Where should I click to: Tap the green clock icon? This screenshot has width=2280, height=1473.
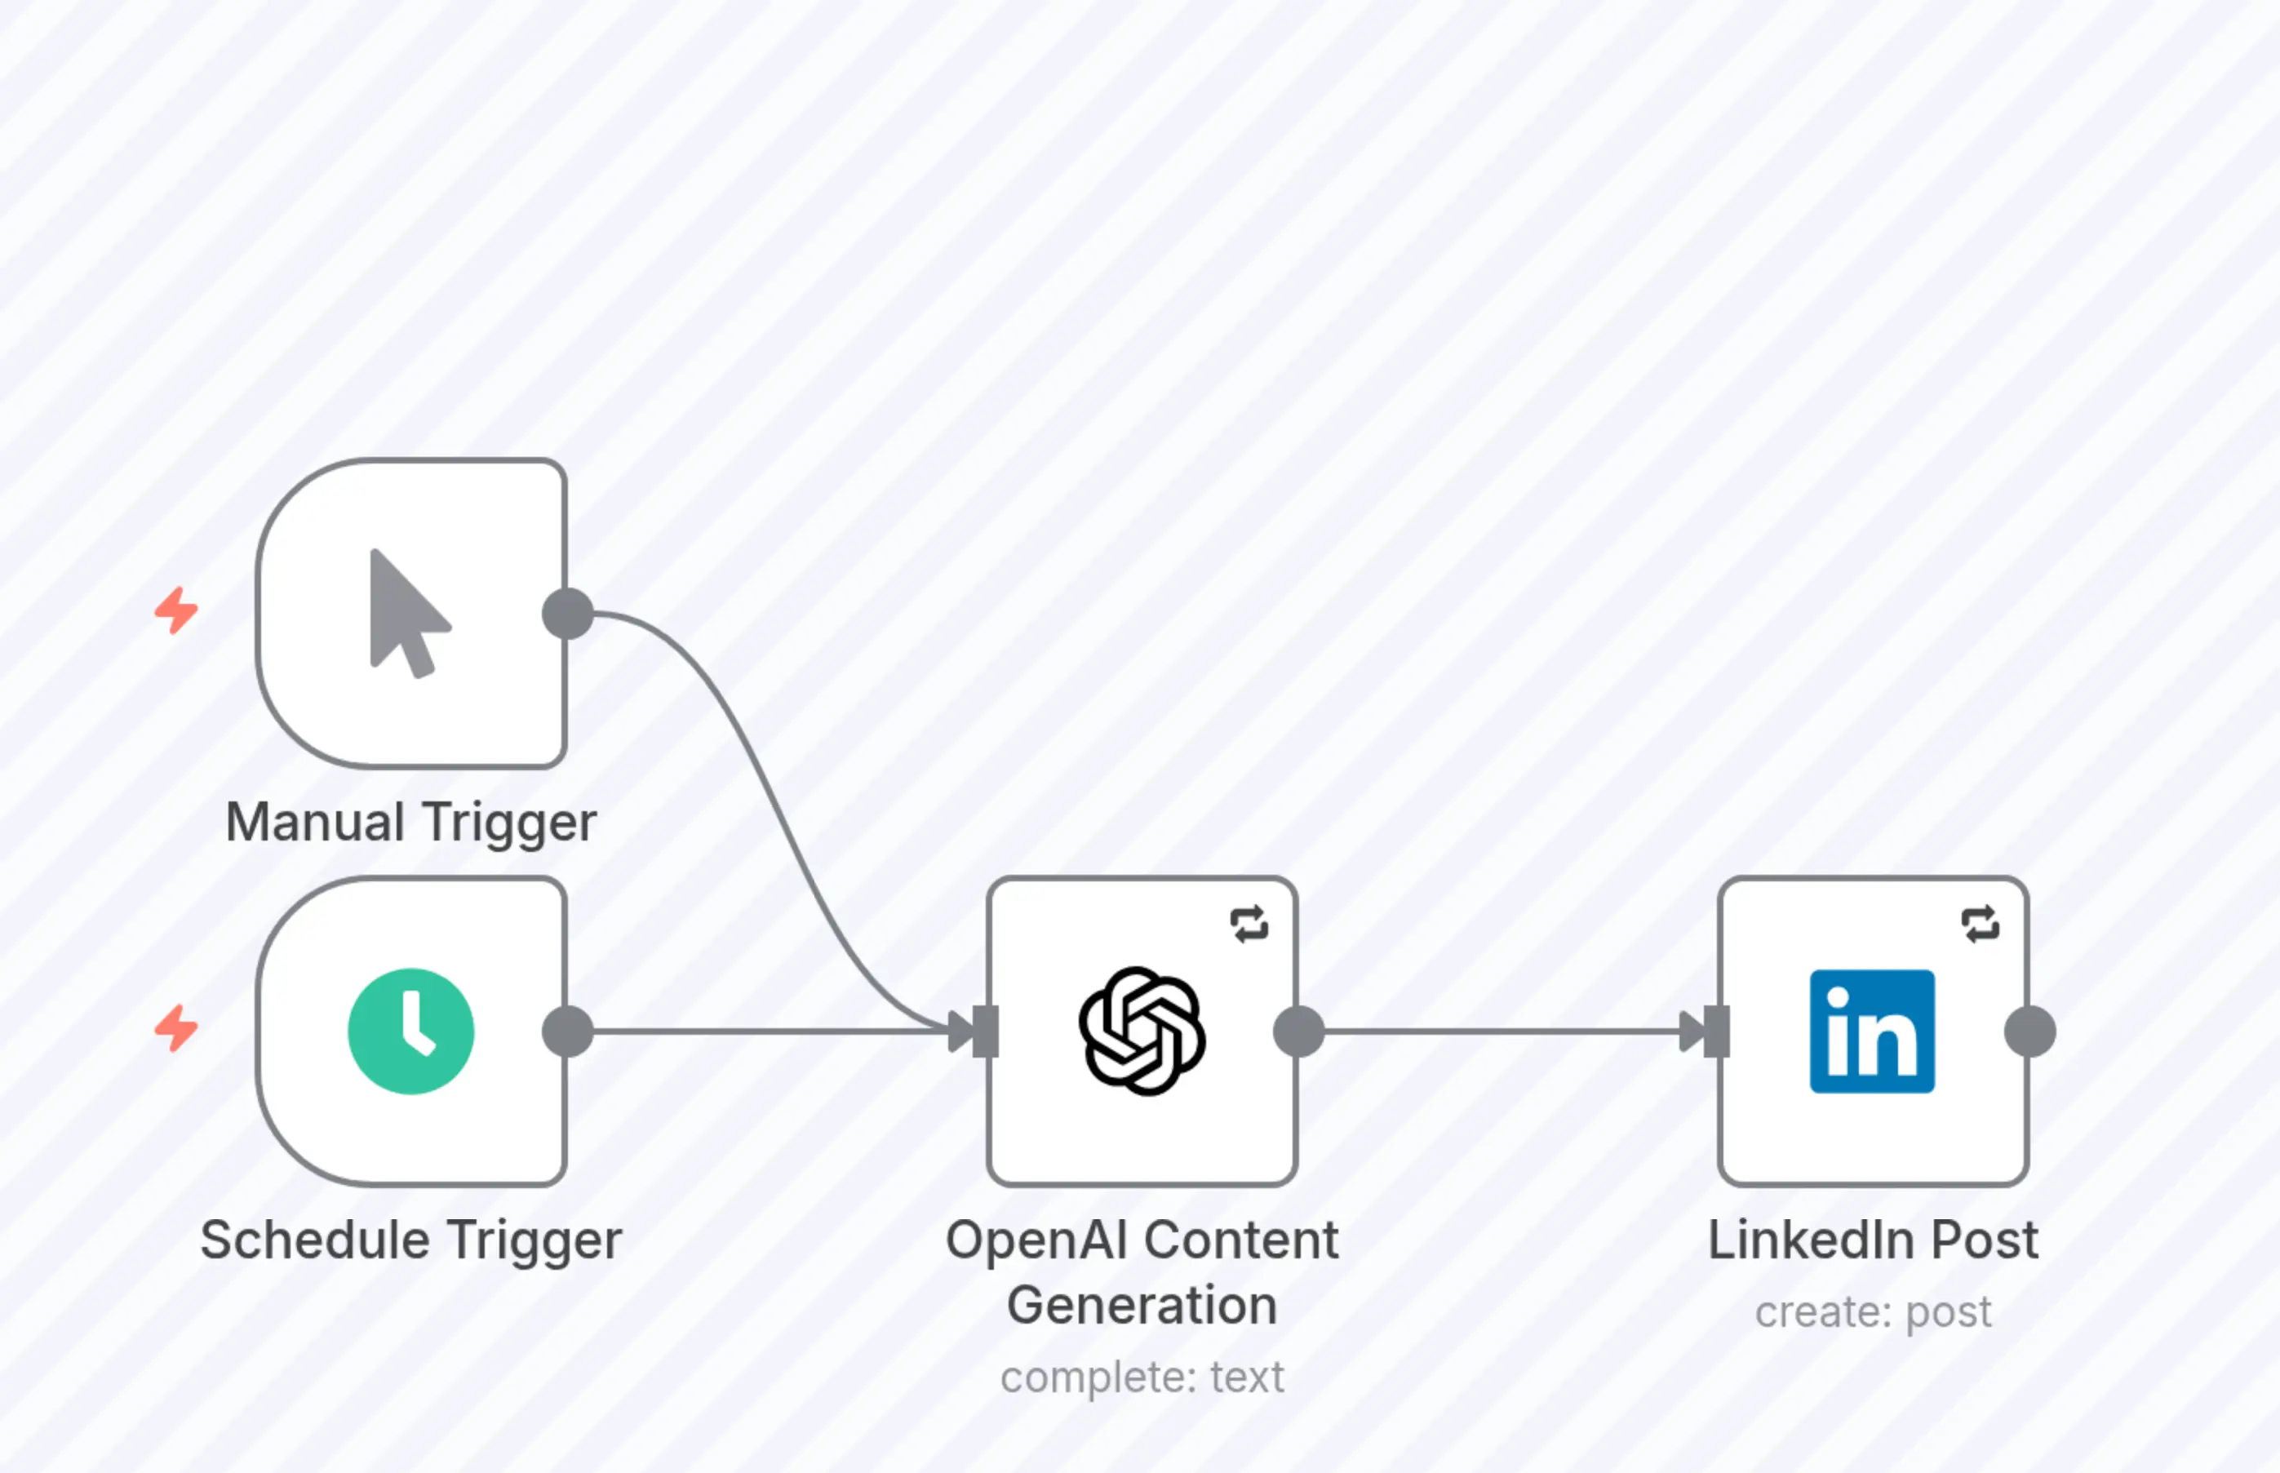click(411, 1032)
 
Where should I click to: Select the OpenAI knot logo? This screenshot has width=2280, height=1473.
click(1142, 1032)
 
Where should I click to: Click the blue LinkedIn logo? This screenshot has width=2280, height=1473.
click(1872, 1032)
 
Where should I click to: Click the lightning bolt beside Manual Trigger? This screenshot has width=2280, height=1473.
click(177, 610)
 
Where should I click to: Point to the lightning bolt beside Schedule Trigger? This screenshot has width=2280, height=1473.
click(177, 1028)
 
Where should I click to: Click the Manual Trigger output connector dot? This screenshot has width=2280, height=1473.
click(568, 614)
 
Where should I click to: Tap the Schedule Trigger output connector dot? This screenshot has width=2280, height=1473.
click(568, 1032)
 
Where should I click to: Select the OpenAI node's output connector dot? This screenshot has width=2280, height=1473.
click(1299, 1032)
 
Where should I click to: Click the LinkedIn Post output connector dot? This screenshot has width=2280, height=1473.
click(2029, 1032)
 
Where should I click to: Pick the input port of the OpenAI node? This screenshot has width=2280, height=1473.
click(986, 1032)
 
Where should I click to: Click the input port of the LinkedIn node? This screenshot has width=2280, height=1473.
click(1717, 1032)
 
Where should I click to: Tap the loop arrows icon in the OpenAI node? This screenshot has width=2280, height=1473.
click(1249, 924)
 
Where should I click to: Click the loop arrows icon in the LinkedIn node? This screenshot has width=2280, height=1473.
click(1980, 924)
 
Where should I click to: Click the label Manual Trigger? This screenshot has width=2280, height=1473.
click(411, 823)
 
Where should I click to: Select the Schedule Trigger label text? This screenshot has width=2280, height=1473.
click(411, 1240)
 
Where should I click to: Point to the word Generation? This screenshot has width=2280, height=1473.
click(1142, 1306)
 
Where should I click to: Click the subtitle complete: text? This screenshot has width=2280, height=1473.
click(1142, 1378)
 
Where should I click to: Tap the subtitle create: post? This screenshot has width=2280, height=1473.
click(1873, 1311)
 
